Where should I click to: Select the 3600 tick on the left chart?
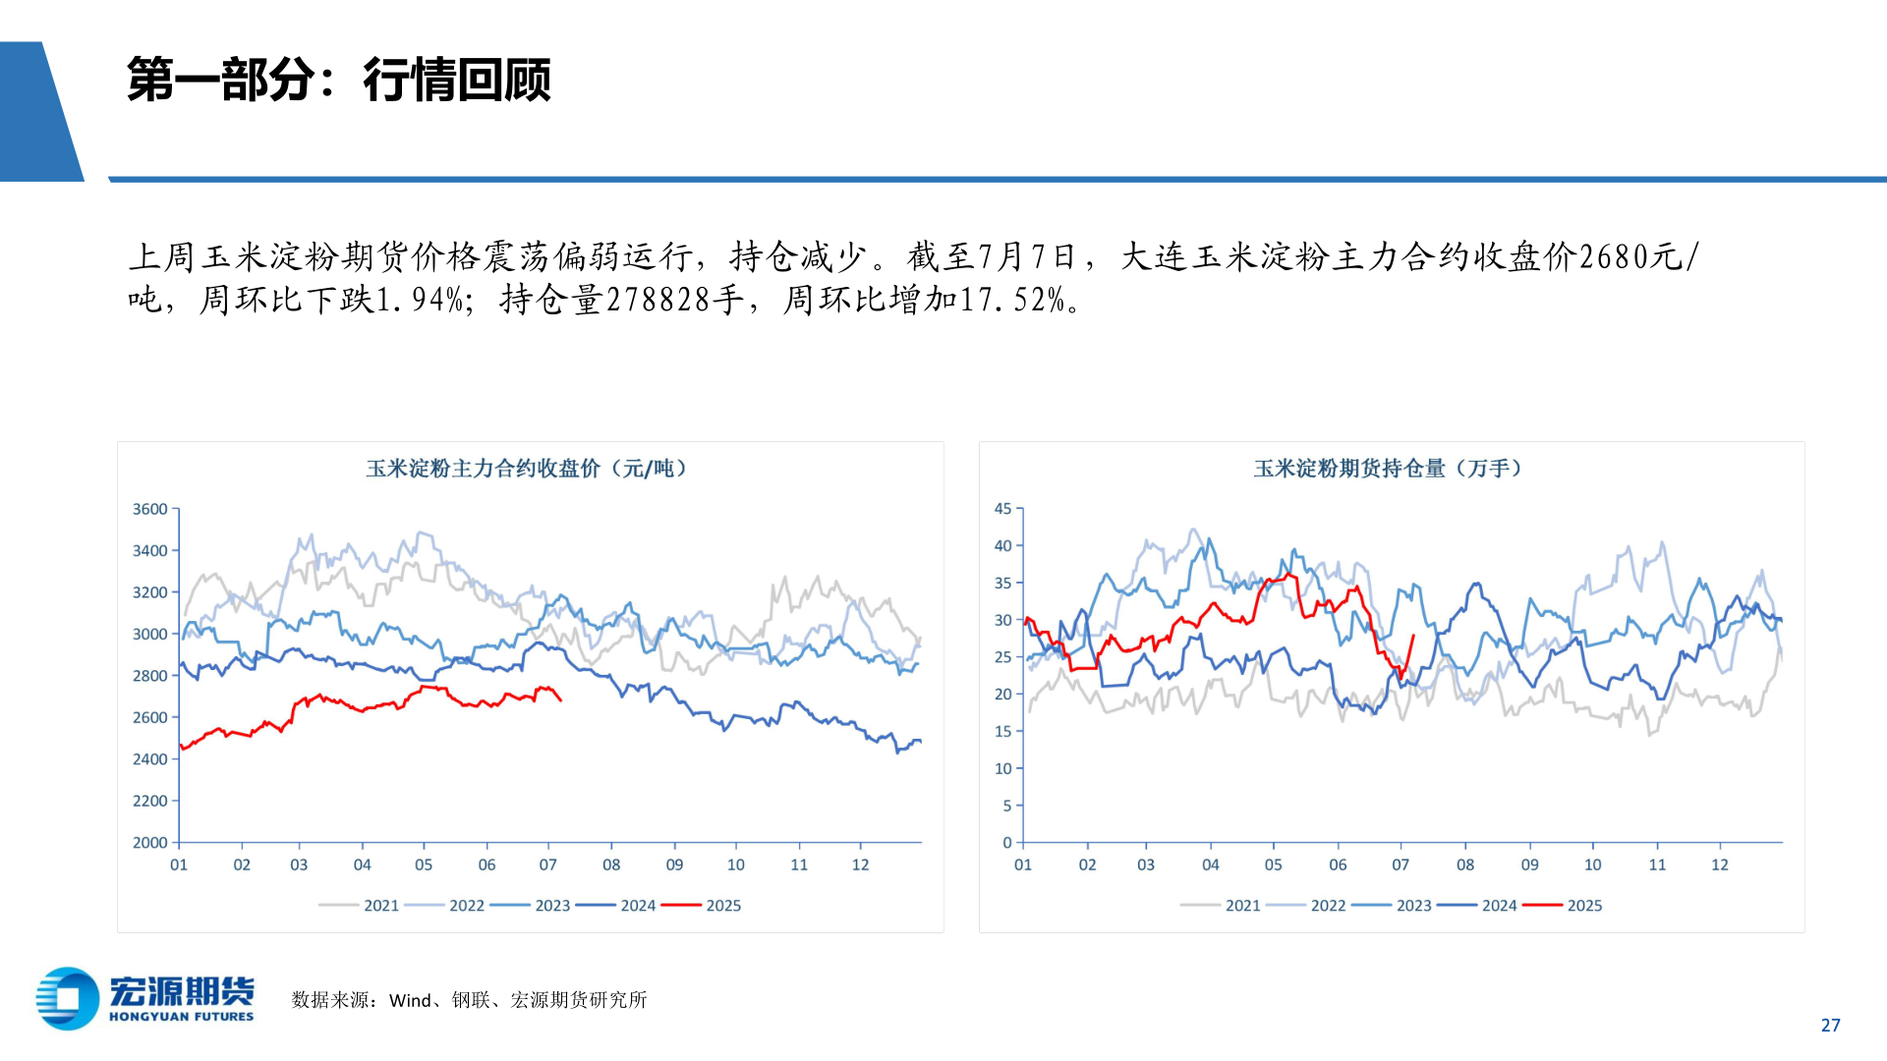[150, 509]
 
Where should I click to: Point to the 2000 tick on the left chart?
[150, 842]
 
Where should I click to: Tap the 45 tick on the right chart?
[1002, 509]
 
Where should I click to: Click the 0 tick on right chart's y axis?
[1006, 842]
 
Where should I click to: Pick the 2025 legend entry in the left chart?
[722, 906]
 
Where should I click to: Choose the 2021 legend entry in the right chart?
[1242, 906]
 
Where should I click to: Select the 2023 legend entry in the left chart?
[551, 906]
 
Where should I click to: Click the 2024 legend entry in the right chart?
[1499, 906]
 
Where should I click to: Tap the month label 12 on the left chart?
[860, 865]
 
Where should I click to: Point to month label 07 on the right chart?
[1401, 865]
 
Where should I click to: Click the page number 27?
[1830, 1025]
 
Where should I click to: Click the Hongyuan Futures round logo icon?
[68, 998]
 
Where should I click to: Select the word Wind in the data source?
[410, 1000]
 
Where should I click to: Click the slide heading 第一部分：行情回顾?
[338, 81]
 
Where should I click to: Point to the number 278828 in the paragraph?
[658, 300]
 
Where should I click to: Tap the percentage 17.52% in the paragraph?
[1012, 300]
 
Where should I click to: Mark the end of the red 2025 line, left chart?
[561, 700]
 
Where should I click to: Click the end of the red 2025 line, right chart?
[1413, 635]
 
